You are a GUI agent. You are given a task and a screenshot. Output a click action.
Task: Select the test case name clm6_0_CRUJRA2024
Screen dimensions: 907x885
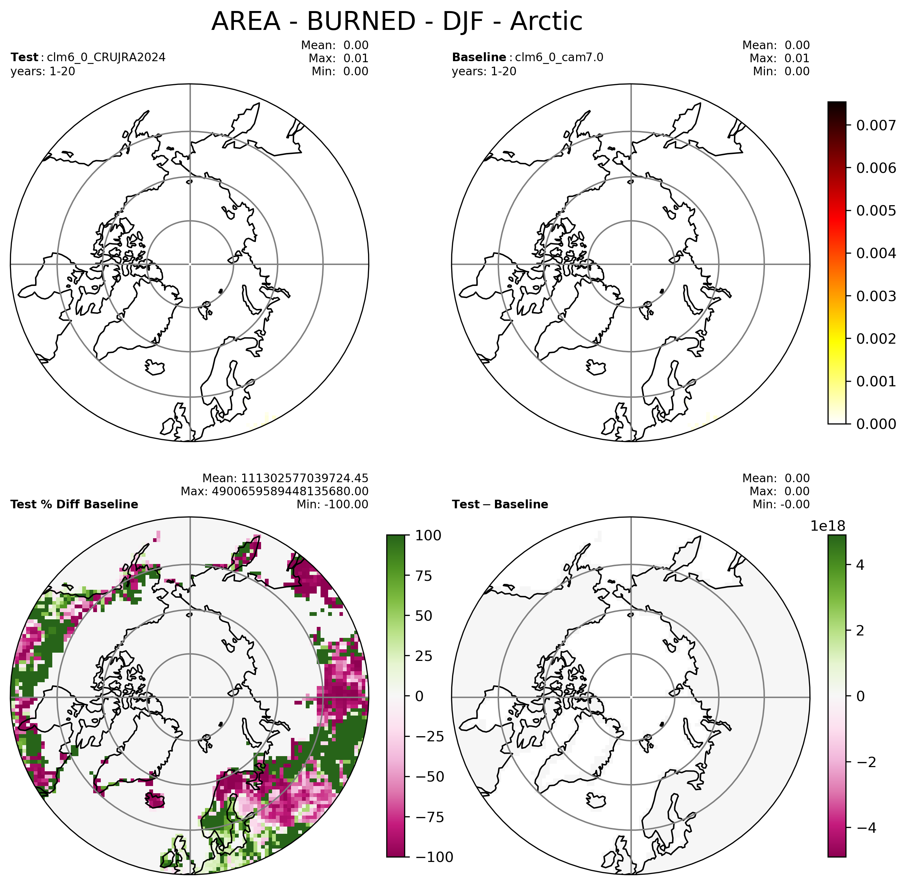click(106, 58)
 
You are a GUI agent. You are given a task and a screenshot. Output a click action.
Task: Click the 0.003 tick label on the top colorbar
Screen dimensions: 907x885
click(876, 296)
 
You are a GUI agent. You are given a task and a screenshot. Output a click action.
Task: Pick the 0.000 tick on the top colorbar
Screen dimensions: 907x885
click(876, 423)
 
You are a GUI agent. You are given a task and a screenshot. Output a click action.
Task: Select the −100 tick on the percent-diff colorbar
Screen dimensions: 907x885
click(431, 857)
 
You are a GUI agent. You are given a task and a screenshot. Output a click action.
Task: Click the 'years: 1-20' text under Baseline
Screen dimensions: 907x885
click(484, 71)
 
